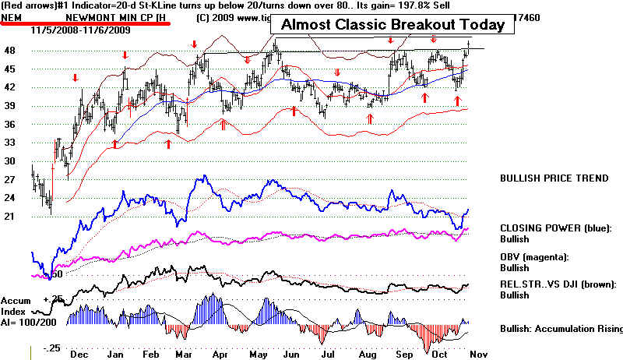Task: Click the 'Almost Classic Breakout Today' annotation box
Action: click(x=393, y=24)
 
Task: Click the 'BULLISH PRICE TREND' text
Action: click(x=554, y=178)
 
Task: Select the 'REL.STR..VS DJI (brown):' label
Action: click(x=559, y=284)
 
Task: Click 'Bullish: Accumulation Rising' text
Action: click(x=561, y=328)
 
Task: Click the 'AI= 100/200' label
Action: click(x=30, y=320)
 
